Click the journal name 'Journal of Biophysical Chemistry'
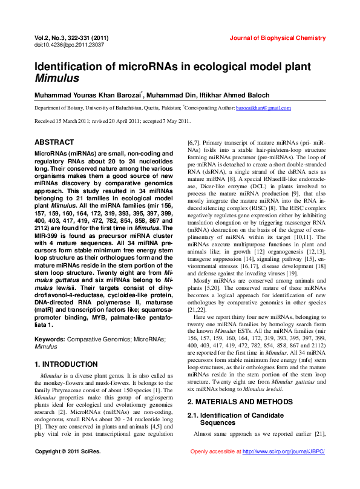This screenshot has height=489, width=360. coord(277,38)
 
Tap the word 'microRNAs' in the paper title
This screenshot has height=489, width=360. coord(154,67)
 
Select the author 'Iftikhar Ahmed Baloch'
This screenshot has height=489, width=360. coord(235,95)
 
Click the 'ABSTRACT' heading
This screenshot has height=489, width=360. coord(54,142)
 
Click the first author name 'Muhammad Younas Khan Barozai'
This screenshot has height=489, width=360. coord(87,95)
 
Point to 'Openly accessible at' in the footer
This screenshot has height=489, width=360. coord(215,451)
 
